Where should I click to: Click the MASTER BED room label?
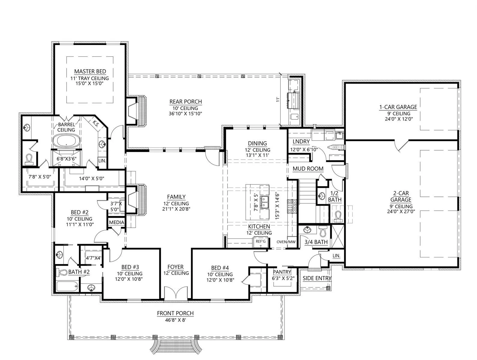pos(90,71)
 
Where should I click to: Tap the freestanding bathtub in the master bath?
pos(66,141)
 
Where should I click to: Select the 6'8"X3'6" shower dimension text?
pos(67,159)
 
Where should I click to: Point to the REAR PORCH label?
pos(186,102)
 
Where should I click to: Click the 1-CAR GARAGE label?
pos(398,107)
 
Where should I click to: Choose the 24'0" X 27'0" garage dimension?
pos(401,211)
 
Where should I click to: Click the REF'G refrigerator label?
pos(261,241)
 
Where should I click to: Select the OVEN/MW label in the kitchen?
pos(286,242)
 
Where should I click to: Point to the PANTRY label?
pos(282,272)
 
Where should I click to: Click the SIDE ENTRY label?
pos(317,278)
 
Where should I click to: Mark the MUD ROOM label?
pos(308,169)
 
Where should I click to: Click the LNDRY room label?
pos(301,142)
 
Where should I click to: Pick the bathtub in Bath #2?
pos(67,286)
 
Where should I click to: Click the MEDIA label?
pos(116,222)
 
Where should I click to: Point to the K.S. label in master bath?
pos(96,124)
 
